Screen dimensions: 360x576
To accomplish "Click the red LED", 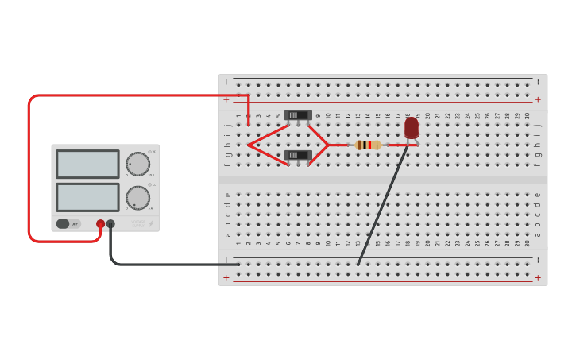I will click(x=412, y=128).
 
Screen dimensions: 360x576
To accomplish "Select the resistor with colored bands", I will click(x=368, y=145).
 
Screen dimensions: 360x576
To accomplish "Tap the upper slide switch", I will click(x=298, y=115).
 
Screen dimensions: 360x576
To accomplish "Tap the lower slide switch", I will click(x=298, y=155).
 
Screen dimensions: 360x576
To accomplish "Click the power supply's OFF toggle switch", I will click(x=68, y=224).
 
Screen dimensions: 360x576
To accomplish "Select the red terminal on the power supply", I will click(x=100, y=224).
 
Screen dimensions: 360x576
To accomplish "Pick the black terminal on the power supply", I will click(x=110, y=224).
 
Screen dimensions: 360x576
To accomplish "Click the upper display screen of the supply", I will click(x=87, y=164).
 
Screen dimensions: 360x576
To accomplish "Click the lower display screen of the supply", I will click(x=87, y=197).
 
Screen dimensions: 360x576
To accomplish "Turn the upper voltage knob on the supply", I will click(x=137, y=164).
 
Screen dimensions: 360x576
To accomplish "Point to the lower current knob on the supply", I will click(x=137, y=197).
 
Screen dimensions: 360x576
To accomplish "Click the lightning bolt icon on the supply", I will click(x=151, y=224).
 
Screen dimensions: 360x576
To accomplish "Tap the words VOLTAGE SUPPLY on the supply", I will click(x=138, y=224).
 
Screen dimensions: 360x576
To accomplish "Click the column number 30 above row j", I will click(x=527, y=115).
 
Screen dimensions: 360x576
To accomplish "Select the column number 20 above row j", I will click(x=427, y=115).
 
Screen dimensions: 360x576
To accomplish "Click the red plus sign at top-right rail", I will click(x=538, y=99).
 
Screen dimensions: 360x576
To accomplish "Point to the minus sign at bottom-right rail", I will click(x=538, y=260).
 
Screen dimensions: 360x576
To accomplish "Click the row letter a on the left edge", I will click(x=228, y=234).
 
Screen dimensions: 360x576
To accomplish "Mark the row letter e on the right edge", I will click(x=538, y=194).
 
